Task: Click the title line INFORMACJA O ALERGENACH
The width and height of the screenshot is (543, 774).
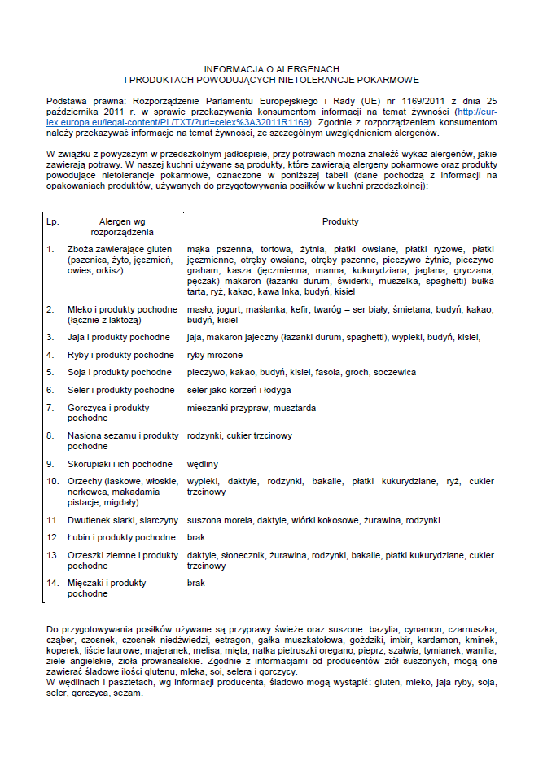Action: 271,69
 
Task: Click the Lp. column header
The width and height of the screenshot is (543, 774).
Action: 53,221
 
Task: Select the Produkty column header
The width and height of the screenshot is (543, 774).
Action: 339,221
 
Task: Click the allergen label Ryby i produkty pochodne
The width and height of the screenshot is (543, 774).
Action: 120,355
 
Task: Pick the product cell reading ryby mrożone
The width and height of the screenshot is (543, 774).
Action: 214,355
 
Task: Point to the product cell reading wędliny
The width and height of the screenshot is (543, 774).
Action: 203,464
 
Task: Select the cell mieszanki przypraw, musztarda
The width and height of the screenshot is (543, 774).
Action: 251,408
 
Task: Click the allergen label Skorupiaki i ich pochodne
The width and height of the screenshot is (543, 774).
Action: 120,464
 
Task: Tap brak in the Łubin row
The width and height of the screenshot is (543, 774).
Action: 196,537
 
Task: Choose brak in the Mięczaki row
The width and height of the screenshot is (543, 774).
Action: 196,584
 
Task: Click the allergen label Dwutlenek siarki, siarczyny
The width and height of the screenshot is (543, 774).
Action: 123,519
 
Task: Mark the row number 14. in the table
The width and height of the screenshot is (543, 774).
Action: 53,584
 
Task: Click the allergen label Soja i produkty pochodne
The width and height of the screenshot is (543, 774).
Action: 120,372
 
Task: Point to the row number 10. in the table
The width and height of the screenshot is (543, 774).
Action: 53,482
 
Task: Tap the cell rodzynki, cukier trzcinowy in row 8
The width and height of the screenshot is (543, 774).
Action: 239,436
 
